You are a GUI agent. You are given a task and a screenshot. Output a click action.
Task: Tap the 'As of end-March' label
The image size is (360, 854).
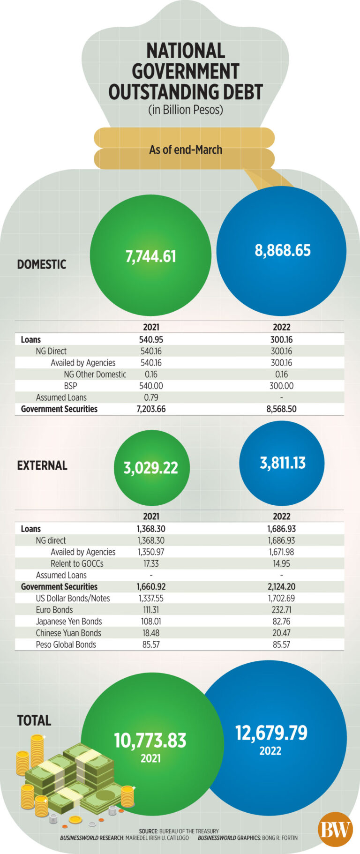pos(186,150)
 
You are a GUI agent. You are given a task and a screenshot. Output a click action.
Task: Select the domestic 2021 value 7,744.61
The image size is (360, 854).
pos(150,256)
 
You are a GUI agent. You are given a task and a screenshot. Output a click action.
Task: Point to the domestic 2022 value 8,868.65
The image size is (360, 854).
pos(282,250)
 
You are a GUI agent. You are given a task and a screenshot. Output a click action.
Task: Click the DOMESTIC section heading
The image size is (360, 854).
pos(42,264)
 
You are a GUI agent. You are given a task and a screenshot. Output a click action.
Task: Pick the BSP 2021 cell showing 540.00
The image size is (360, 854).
pos(151,386)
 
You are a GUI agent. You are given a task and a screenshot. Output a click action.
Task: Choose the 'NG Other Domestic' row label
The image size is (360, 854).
pos(95,374)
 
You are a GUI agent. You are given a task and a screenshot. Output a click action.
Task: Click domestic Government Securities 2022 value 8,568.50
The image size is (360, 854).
pos(281,409)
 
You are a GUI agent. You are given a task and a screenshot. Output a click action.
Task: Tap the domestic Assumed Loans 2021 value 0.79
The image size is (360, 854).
pos(151,397)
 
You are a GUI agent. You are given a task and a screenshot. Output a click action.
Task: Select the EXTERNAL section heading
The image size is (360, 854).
pos(42,465)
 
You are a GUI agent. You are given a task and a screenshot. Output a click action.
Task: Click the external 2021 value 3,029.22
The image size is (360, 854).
pos(150,468)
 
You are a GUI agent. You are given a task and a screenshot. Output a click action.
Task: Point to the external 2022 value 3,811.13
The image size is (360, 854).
pos(282,463)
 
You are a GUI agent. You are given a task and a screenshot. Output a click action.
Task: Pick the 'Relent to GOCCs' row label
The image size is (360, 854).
pos(77,563)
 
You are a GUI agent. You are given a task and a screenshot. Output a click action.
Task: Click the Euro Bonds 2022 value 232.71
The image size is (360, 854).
pos(281,610)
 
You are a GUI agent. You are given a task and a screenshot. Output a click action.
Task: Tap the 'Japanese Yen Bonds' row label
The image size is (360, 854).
pos(69,622)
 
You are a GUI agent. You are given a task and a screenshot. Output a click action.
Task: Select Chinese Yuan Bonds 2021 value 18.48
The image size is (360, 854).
pos(151,633)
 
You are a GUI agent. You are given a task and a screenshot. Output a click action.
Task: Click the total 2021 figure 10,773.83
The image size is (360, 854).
pos(150,741)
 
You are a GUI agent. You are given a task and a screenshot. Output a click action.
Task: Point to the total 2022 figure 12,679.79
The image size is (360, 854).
pos(271,733)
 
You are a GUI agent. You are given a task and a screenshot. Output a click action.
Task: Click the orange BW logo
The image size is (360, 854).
pos(335,830)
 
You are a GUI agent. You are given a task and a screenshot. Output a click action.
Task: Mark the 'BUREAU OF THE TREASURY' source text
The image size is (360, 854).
pos(189,831)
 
